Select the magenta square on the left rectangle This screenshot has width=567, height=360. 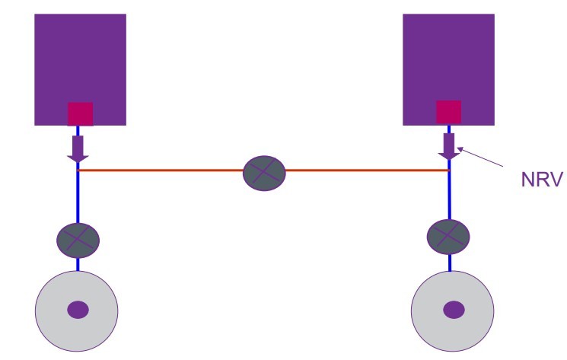80,113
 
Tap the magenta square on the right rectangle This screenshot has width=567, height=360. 448,112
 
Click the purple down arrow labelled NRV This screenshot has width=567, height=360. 449,145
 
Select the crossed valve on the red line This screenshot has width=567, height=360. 264,173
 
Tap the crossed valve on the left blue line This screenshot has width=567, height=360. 78,240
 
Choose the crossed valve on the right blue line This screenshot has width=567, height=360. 449,234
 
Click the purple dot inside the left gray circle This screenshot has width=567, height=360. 78,310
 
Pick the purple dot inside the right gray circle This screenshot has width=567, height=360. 454,310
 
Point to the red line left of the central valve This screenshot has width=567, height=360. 160,170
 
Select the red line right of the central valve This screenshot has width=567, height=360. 365,170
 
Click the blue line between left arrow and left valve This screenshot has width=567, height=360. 78,198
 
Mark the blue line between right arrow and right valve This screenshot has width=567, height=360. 449,194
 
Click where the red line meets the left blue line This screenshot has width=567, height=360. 78,170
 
